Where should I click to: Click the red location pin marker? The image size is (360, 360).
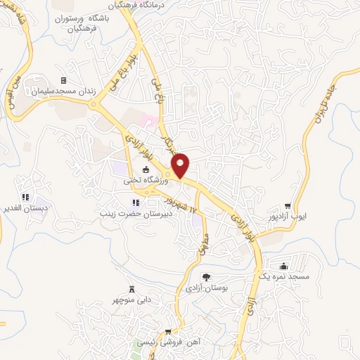181,165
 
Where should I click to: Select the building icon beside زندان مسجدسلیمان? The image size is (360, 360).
64,81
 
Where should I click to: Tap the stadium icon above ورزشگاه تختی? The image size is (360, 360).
146,169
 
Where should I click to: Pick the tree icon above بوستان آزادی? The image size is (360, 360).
206,277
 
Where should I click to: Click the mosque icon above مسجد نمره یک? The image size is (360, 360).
283,266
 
